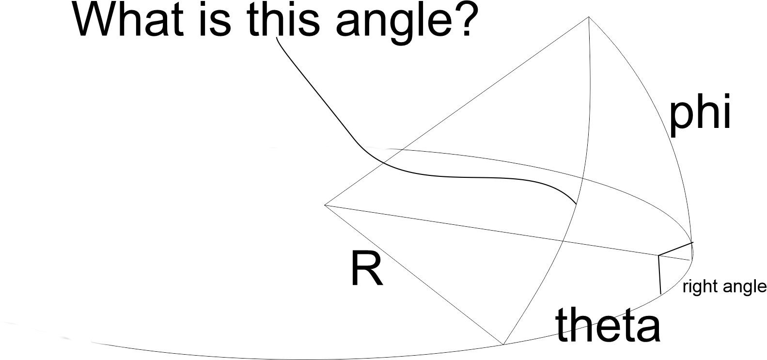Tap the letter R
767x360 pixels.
(x=366, y=269)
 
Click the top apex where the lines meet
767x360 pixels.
(x=589, y=17)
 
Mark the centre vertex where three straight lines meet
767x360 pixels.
(x=325, y=205)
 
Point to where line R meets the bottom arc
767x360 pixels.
(x=503, y=344)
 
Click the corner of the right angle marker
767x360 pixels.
(x=658, y=255)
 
